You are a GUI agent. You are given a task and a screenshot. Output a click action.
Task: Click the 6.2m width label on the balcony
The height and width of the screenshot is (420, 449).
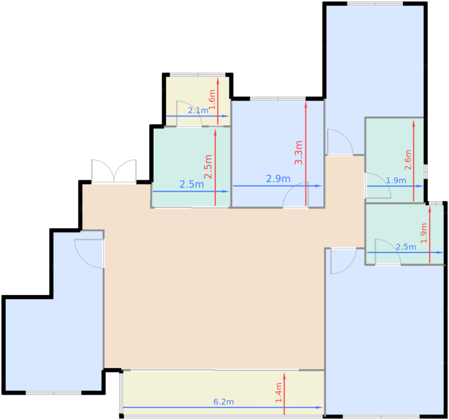click(224, 402)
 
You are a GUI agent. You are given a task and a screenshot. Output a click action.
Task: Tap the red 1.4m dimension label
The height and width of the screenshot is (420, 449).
click(279, 392)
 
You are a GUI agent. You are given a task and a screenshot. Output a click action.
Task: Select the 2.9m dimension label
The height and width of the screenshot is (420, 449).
click(278, 179)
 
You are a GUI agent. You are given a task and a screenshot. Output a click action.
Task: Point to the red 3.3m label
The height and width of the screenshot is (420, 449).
click(299, 152)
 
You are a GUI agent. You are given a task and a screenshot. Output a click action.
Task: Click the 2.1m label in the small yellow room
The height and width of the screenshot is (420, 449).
click(198, 110)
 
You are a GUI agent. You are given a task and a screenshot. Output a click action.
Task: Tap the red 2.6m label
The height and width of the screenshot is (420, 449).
click(408, 160)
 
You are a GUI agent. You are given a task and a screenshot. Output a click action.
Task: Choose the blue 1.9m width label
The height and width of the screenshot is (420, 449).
click(396, 180)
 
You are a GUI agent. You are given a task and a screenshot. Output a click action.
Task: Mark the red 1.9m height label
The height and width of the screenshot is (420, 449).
click(424, 233)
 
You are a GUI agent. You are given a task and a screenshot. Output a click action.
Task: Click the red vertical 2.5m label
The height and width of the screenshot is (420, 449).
click(208, 166)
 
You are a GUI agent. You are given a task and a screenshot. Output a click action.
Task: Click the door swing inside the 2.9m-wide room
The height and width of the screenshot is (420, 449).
click(295, 195)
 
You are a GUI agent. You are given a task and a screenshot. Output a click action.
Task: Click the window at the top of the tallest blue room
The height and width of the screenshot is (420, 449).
click(375, 4)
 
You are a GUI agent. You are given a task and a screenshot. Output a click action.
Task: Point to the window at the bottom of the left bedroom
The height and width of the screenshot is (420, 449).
click(54, 392)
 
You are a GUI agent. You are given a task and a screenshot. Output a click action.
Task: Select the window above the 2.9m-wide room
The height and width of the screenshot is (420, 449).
click(278, 98)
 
